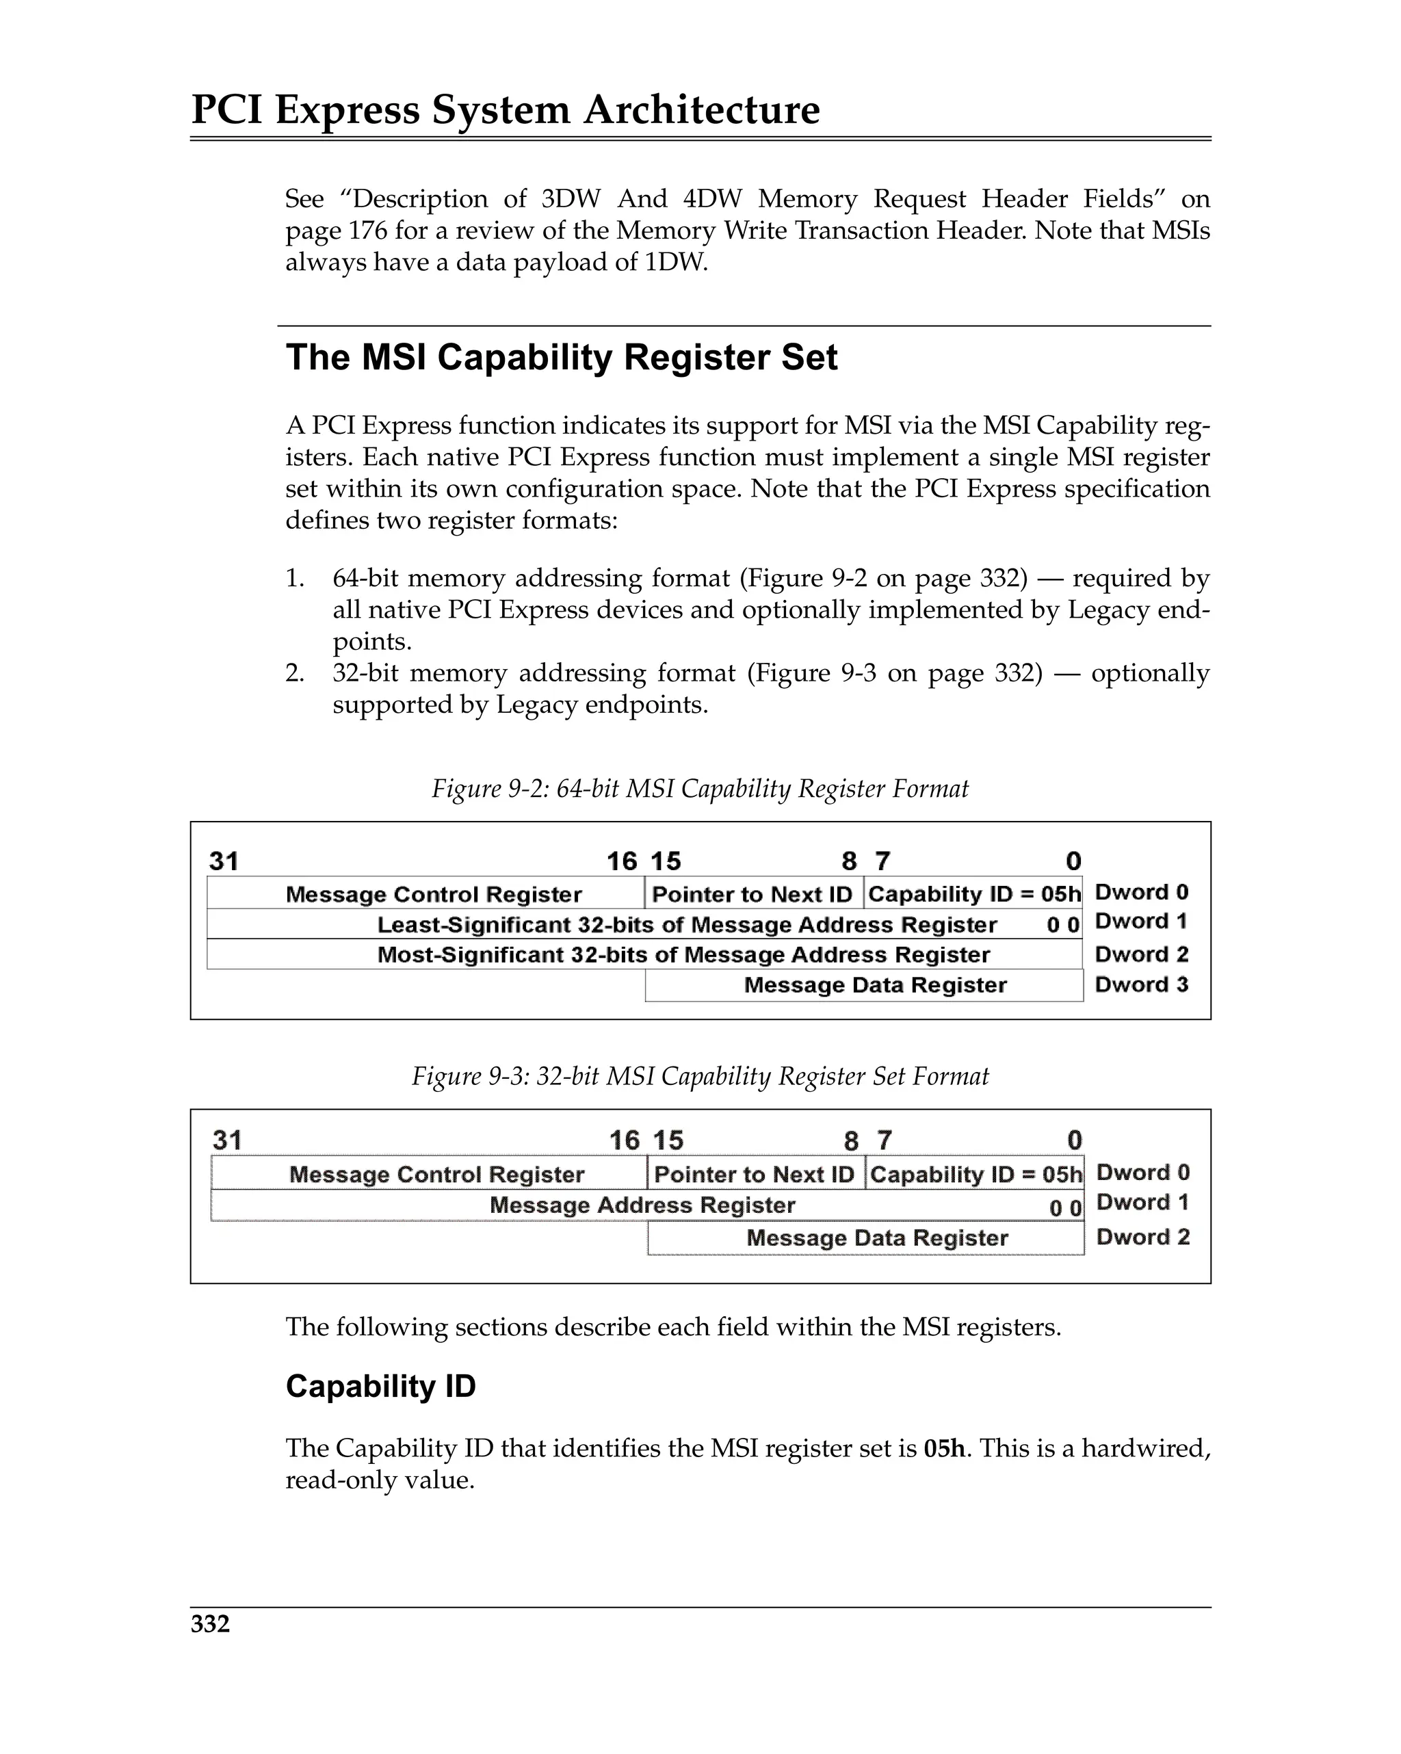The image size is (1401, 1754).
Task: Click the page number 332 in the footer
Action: [210, 1624]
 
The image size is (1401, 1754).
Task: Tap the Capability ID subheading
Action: [380, 1386]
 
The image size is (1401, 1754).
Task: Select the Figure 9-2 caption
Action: [700, 788]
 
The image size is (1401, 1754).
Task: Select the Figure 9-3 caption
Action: [700, 1076]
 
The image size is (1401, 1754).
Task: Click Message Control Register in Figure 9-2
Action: [433, 894]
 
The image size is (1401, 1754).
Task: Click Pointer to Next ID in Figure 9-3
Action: [754, 1174]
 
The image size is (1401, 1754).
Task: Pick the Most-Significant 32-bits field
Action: [683, 954]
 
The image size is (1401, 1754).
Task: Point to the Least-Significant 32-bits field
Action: [687, 924]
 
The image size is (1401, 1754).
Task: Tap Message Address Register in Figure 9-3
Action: [642, 1205]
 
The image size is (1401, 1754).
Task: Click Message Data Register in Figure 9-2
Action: [875, 985]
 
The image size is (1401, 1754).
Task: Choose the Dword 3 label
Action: [1142, 984]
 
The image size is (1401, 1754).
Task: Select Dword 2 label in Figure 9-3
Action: [1142, 1237]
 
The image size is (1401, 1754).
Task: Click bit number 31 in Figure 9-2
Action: [224, 861]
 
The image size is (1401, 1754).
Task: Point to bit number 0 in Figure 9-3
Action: [1074, 1140]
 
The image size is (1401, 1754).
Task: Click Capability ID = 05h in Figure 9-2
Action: [974, 894]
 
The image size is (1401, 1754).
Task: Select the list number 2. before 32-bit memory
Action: [295, 674]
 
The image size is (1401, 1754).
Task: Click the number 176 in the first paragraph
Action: [368, 231]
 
